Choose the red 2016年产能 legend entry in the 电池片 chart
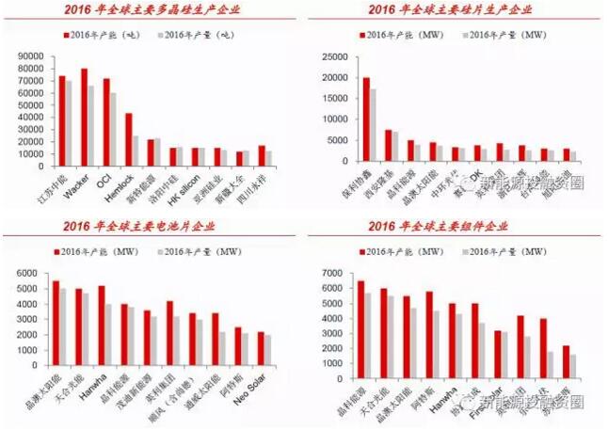(94, 251)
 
